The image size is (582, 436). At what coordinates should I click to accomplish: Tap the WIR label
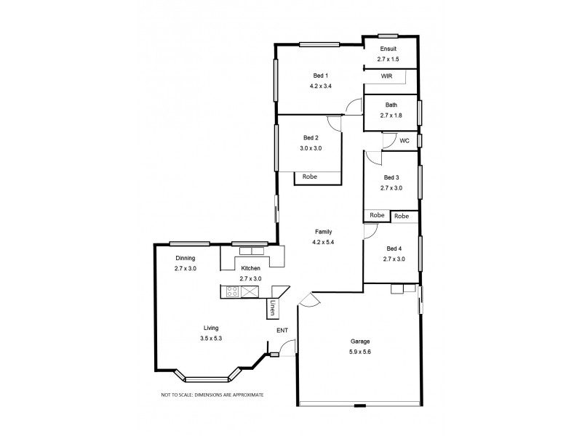pos(387,76)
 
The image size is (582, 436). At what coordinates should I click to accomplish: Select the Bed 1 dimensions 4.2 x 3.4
pos(320,86)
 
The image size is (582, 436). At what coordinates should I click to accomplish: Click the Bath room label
pos(390,105)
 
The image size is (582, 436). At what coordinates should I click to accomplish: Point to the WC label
pos(404,140)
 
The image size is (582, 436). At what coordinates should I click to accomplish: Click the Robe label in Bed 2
pos(310,176)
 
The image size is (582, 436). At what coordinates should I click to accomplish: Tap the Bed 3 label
pos(391,177)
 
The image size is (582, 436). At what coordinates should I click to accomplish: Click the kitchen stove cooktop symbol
pos(233,292)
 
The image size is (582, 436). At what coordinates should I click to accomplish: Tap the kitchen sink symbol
pos(250,292)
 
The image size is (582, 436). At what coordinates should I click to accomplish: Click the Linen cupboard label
pos(273,308)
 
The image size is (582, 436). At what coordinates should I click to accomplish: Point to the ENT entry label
pos(282,331)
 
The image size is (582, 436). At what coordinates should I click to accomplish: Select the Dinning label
pos(186,258)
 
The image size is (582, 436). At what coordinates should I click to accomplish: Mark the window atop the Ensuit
pos(387,36)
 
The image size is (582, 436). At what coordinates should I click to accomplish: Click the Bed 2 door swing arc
pos(335,124)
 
